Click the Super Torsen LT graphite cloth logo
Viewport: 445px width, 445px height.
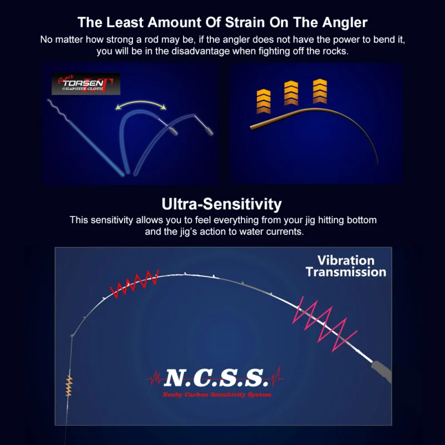(x=86, y=84)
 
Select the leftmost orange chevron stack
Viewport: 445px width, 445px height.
(x=263, y=102)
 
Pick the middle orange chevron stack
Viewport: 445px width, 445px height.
(x=291, y=93)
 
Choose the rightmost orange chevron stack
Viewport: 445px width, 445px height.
(x=320, y=91)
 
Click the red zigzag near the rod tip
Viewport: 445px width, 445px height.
(x=134, y=284)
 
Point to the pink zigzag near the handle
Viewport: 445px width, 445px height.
(x=324, y=324)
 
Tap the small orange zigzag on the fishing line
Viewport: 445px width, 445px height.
(x=69, y=386)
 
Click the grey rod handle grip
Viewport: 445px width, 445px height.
(x=382, y=371)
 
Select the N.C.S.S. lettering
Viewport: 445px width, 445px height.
(x=216, y=378)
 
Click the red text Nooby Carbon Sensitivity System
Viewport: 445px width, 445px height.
(x=217, y=395)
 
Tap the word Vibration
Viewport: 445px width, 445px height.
(x=346, y=260)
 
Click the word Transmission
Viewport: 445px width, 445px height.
(x=346, y=272)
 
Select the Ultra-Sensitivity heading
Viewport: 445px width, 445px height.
(x=221, y=204)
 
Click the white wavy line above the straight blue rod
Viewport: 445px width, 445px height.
(x=58, y=110)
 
